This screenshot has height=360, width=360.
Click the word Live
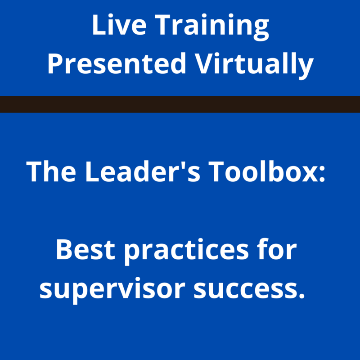click(115, 27)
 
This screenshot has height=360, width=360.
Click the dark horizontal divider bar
click(180, 104)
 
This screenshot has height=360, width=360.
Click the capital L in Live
click(98, 27)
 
